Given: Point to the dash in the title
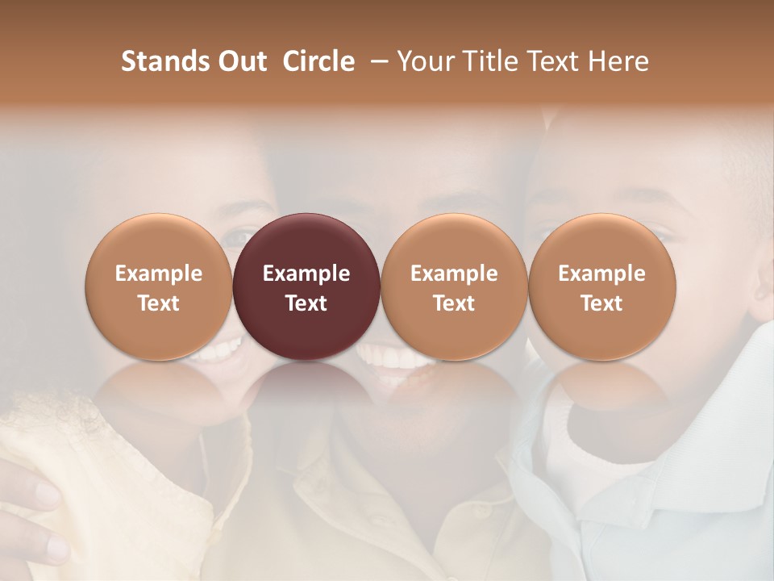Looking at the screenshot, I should [x=377, y=62].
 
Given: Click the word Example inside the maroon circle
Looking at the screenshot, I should [x=306, y=274].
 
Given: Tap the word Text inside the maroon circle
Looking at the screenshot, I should [x=306, y=303].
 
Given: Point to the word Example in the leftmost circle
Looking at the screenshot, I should [x=159, y=274].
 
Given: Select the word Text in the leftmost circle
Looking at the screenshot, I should [x=159, y=303].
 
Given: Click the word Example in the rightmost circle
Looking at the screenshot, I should [x=602, y=274].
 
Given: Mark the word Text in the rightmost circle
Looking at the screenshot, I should [x=602, y=303].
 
